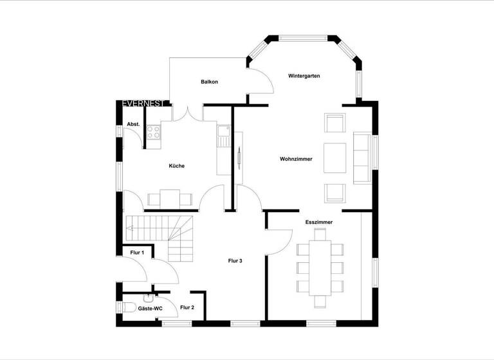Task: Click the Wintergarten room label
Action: (304, 76)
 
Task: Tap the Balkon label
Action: (209, 82)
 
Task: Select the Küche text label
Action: (177, 166)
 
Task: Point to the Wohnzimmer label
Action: (296, 159)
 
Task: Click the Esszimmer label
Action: (318, 222)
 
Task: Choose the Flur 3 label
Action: (235, 261)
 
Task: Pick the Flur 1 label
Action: (137, 253)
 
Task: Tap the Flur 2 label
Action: (187, 308)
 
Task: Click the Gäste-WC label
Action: (151, 309)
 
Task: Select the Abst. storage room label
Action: (133, 124)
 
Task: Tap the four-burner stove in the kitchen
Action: (154, 133)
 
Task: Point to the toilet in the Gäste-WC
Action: (126, 307)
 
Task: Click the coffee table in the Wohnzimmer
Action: (334, 158)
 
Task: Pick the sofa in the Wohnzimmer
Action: (361, 158)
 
